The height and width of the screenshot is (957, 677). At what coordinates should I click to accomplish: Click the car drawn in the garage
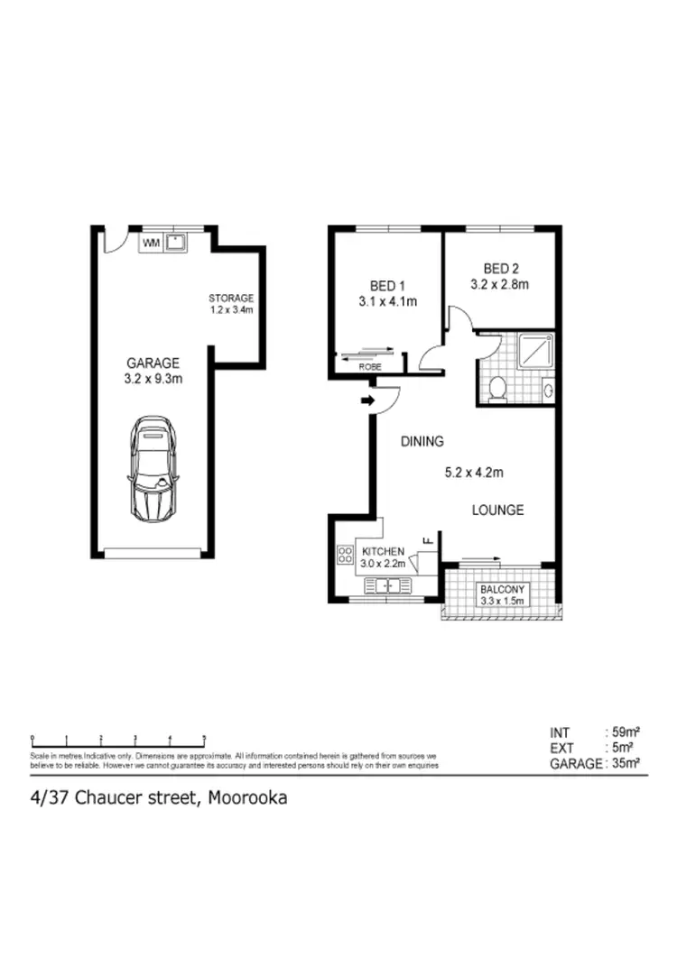click(x=153, y=467)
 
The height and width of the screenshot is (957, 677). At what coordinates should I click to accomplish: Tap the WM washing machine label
click(x=151, y=242)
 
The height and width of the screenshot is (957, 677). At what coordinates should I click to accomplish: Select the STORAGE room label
click(x=231, y=298)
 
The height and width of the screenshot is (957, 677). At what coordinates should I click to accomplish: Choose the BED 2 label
click(x=499, y=268)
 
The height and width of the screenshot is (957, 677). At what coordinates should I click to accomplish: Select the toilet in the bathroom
click(x=496, y=388)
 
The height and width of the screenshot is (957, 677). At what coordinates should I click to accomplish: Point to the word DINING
click(x=422, y=442)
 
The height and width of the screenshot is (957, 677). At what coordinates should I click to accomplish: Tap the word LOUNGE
click(x=497, y=510)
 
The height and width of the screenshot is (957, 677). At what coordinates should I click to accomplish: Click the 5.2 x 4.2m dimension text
click(x=473, y=472)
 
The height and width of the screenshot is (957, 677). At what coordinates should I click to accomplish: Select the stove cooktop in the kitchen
click(x=344, y=555)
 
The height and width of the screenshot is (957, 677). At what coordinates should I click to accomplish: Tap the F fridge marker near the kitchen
click(x=429, y=541)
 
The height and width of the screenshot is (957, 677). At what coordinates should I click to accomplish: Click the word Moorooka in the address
click(x=247, y=797)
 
